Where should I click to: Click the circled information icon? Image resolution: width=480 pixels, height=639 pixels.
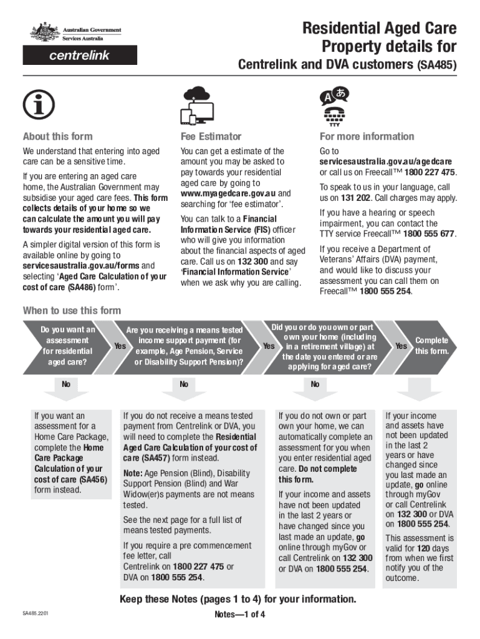pos(38,106)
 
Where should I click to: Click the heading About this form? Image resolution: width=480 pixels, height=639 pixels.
pos(57,137)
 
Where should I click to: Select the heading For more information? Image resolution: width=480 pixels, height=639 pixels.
pos(367,137)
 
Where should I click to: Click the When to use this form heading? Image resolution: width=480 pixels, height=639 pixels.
pos(72,311)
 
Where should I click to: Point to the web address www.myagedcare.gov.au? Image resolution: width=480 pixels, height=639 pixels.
pos(228,194)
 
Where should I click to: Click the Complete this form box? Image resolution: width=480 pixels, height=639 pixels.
pos(431,345)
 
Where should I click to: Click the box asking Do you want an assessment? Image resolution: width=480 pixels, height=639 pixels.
pos(68,345)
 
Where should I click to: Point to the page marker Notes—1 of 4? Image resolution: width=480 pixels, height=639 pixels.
pos(240,614)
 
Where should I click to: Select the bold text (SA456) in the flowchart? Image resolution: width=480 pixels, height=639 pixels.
pos(85,479)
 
